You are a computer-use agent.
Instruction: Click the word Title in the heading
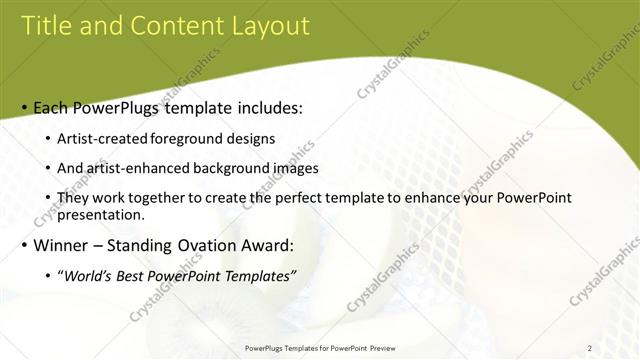coord(47,26)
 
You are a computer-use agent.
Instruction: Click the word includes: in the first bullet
coord(267,108)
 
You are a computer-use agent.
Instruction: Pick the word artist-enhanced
coord(137,168)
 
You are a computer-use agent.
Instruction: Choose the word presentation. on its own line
coord(101,214)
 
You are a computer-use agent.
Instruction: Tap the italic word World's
coord(87,276)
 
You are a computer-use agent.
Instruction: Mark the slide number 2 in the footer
coord(589,348)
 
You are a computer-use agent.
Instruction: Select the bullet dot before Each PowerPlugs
coord(24,108)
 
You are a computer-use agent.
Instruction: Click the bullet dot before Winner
coord(24,245)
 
